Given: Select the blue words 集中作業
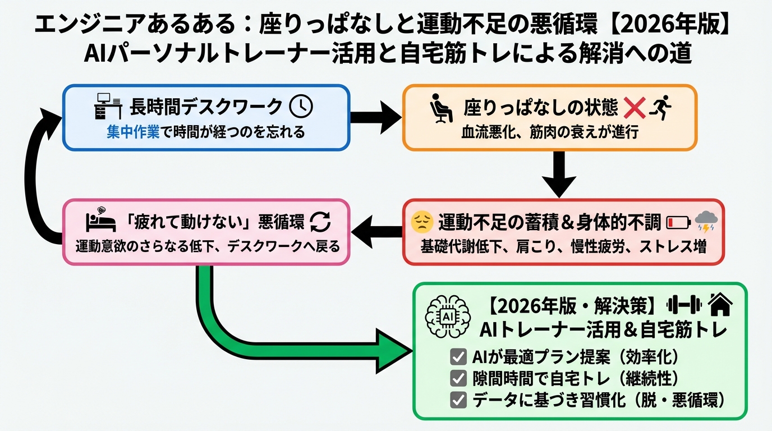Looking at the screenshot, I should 132,132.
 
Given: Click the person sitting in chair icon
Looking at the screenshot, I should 441,108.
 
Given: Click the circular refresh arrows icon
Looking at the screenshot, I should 321,222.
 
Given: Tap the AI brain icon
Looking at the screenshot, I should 447,317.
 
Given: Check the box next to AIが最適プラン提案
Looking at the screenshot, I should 458,357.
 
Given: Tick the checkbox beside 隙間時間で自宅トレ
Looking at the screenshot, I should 458,378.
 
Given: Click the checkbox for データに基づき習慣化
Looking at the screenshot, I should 458,400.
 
